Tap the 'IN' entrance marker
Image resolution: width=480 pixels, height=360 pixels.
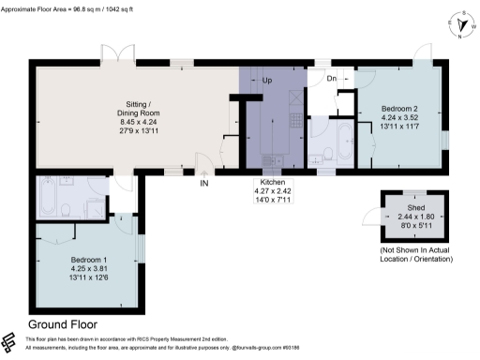coord(203,183)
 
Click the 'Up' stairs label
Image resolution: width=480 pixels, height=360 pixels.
coord(267,80)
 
